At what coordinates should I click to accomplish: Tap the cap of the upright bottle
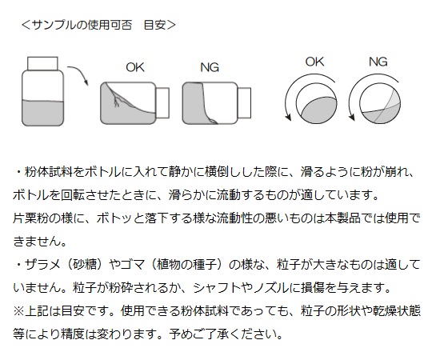point(42,63)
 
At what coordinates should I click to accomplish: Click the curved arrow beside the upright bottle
point(78,75)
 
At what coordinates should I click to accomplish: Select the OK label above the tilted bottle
point(135,67)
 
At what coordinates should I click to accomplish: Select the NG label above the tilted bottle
point(210,67)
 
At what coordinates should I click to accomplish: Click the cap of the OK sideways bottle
point(162,102)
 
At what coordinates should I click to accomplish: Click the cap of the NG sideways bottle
point(244,102)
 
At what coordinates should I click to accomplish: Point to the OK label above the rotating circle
point(314,62)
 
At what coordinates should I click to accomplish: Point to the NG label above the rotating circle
point(378,62)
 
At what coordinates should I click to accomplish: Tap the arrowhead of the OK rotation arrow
point(288,117)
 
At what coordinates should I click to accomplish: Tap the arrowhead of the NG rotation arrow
point(352,117)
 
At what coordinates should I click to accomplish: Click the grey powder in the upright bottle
point(42,113)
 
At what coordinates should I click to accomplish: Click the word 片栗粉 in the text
point(30,218)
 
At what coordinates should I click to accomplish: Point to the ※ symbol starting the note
point(18,311)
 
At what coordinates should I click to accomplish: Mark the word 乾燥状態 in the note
point(397,311)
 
